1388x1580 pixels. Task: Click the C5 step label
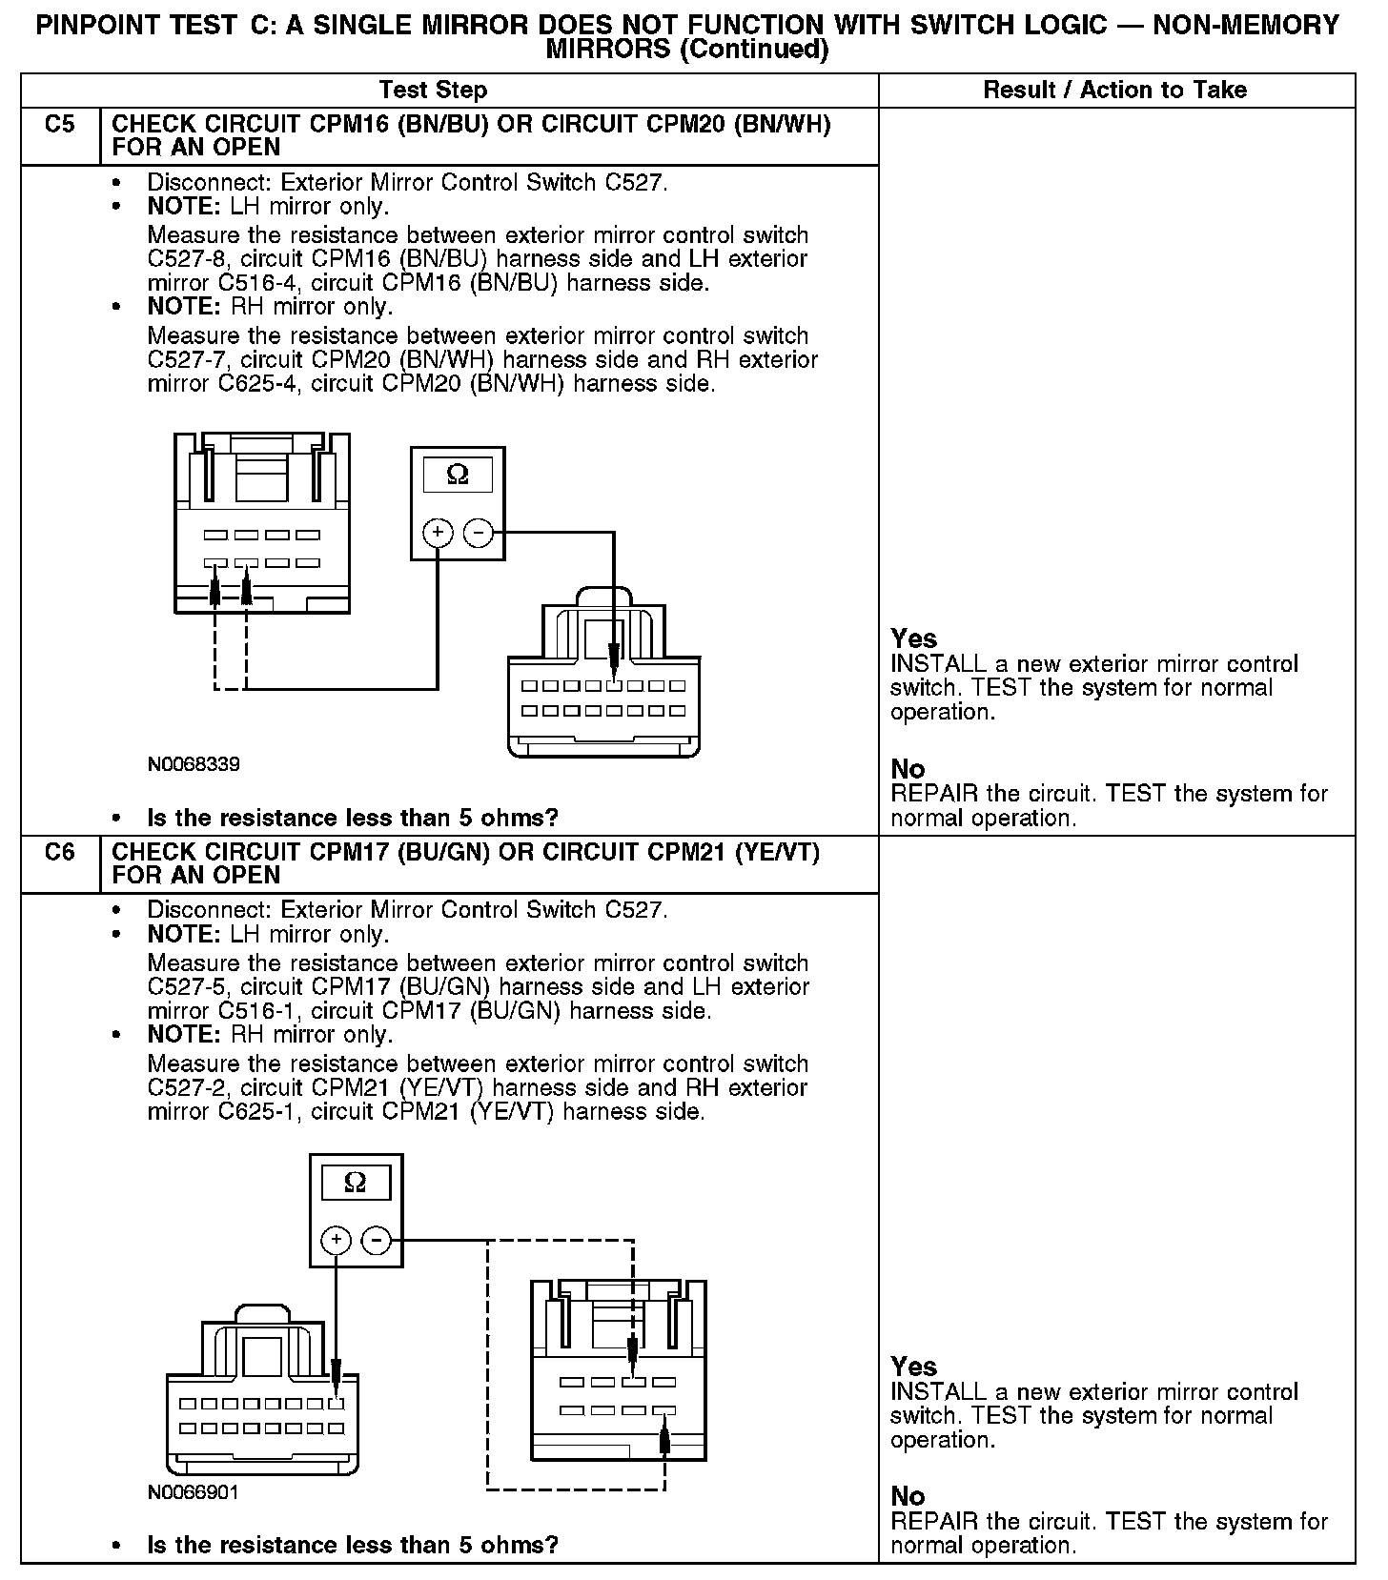[59, 125]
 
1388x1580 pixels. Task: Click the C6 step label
[59, 852]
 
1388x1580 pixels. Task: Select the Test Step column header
[433, 91]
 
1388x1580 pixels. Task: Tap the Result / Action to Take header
[1114, 91]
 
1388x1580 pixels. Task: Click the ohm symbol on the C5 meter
[458, 475]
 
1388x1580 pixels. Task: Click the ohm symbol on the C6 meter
[355, 1183]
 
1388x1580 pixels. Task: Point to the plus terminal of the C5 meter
[438, 533]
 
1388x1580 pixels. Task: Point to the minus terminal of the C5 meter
[479, 533]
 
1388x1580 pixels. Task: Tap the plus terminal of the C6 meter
[336, 1240]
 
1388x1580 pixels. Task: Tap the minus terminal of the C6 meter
[377, 1240]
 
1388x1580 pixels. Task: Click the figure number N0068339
[194, 764]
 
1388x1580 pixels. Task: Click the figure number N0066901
[194, 1492]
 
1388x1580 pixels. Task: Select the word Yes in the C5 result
[913, 638]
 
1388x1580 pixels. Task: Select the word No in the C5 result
[908, 769]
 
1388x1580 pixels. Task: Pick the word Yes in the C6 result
[913, 1367]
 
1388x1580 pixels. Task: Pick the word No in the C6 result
[908, 1496]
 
